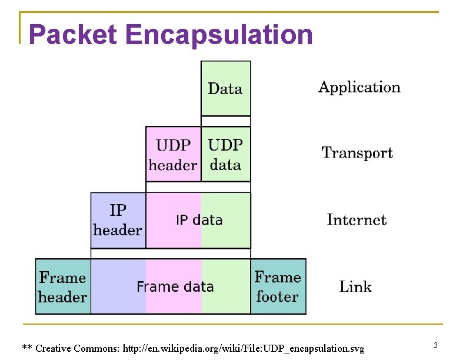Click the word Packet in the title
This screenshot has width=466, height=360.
73,35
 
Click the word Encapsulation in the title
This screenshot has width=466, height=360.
219,35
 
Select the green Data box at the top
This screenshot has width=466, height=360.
225,89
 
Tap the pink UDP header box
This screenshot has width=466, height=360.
173,155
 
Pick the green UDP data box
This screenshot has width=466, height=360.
225,155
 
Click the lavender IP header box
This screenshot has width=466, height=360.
118,220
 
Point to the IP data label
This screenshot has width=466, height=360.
199,220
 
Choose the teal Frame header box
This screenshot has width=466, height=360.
62,286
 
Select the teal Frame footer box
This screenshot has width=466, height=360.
278,286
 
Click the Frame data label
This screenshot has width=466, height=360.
175,287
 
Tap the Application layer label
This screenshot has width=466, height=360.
359,88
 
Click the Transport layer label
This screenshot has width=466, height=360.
357,153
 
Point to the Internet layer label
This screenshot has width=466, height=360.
357,220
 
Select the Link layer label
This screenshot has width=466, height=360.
355,286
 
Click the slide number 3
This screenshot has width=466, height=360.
435,344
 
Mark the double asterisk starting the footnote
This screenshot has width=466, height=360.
27,348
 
